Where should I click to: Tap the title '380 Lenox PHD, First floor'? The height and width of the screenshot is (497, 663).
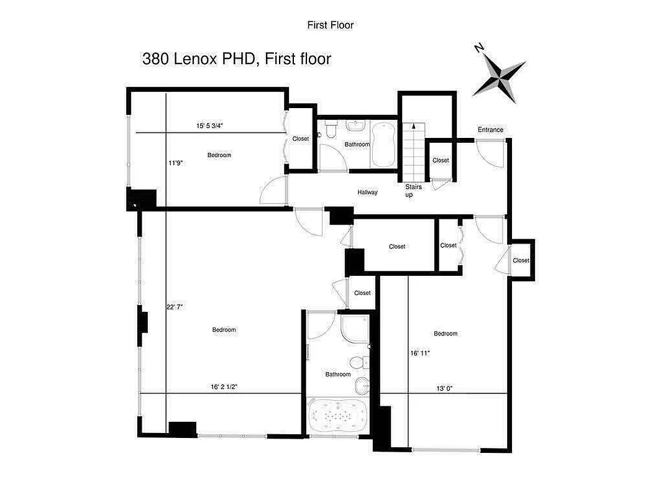(237, 59)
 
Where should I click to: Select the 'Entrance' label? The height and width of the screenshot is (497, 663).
(490, 130)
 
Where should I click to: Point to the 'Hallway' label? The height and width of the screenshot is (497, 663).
(367, 193)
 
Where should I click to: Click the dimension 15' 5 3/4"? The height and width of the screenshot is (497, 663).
(209, 126)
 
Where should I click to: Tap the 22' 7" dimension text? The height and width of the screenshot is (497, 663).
(175, 306)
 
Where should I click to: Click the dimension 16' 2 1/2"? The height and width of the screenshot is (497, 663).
(224, 387)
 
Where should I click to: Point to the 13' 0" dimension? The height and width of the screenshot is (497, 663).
(444, 388)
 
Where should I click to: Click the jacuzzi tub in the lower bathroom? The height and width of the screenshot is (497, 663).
(338, 416)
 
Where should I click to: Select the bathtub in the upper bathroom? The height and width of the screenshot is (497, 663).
(383, 145)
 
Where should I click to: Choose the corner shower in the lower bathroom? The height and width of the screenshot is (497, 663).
(355, 329)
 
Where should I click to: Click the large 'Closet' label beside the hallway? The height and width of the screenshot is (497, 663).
(397, 247)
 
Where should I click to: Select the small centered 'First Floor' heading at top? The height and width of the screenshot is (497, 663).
(330, 25)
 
